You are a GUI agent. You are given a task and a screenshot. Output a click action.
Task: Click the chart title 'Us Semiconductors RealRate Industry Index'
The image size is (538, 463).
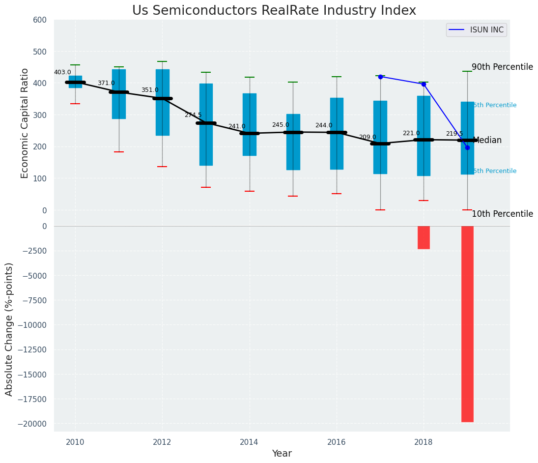pos(274,11)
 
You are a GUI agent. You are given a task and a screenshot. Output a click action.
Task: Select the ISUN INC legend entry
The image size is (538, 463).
pos(476,30)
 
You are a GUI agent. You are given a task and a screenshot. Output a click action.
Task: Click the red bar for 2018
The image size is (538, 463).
pos(424,237)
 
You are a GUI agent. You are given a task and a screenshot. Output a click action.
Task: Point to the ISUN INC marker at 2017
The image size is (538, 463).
pos(380,77)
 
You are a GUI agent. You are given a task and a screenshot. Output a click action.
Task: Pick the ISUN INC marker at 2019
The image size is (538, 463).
pos(467,147)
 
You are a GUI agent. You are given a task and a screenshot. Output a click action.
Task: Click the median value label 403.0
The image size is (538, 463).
pos(62,73)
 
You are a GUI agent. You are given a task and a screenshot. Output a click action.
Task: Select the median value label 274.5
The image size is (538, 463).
pos(193,115)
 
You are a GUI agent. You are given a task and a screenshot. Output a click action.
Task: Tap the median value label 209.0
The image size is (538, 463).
pos(368,137)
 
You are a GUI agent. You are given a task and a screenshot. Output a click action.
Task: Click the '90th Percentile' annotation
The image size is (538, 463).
pos(502,67)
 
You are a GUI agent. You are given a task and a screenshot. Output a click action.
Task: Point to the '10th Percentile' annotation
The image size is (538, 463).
pos(502,214)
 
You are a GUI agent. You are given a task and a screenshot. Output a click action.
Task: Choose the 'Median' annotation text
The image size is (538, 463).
pos(487,141)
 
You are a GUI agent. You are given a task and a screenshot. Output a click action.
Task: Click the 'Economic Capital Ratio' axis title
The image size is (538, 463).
pos(25,123)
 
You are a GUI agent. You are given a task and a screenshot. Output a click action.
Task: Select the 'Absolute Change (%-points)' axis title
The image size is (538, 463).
pos(9,329)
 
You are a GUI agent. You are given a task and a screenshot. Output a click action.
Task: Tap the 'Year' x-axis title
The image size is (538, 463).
pos(282,454)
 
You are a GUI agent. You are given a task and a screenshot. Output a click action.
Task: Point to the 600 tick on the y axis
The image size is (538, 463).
pos(40,20)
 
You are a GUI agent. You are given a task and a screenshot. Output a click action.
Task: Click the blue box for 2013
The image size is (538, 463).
pos(206,124)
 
